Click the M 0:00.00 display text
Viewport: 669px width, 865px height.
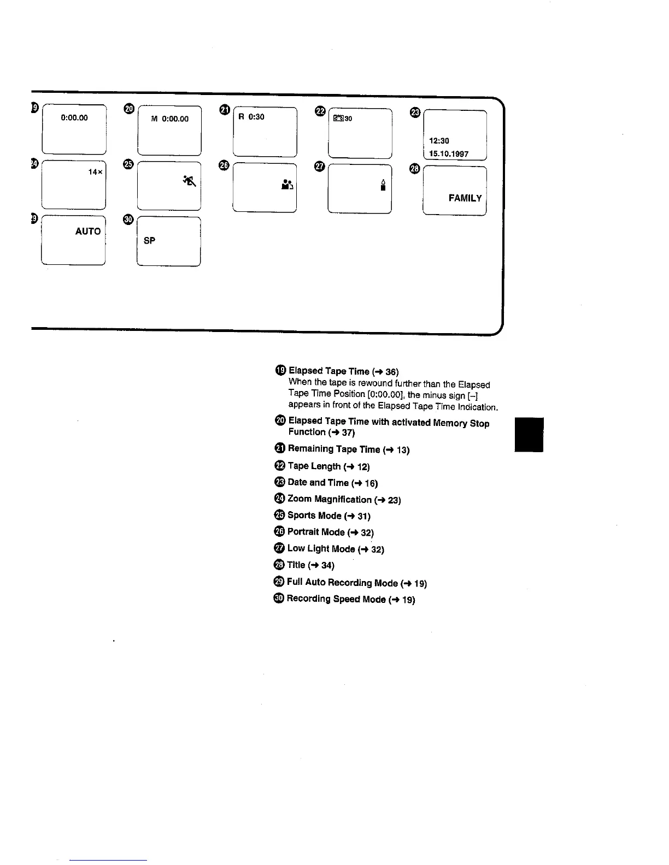pos(169,119)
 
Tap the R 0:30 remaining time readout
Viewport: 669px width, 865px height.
pos(251,117)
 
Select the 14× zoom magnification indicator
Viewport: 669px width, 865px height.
pos(95,172)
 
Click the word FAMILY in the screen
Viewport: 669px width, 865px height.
pos(465,198)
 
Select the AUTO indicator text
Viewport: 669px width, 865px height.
pos(88,232)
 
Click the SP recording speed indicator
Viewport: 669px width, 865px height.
pos(149,240)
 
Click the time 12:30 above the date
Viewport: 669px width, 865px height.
pos(439,141)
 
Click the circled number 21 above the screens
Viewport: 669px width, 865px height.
pos(224,110)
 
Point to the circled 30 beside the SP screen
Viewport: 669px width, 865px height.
pos(128,220)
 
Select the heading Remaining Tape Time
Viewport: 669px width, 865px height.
pos(333,449)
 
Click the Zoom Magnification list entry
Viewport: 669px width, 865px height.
pos(330,499)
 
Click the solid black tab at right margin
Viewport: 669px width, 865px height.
pos(529,435)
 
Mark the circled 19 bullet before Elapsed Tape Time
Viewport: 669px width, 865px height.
pos(280,370)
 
